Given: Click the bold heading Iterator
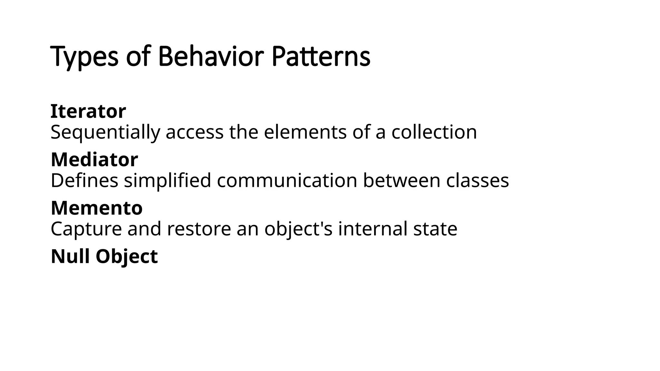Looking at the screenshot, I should point(88,111).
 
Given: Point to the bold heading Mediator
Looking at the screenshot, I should point(94,160).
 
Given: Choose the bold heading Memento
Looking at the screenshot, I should point(97,208).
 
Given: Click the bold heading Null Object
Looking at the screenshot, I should point(104,257).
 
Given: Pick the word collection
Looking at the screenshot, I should point(434,132).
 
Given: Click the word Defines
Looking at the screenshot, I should point(84,180).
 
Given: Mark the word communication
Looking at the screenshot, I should point(287,180).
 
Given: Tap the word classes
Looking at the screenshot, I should point(477,180).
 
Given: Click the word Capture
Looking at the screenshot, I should point(86,229).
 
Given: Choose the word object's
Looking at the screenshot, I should point(298,229).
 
